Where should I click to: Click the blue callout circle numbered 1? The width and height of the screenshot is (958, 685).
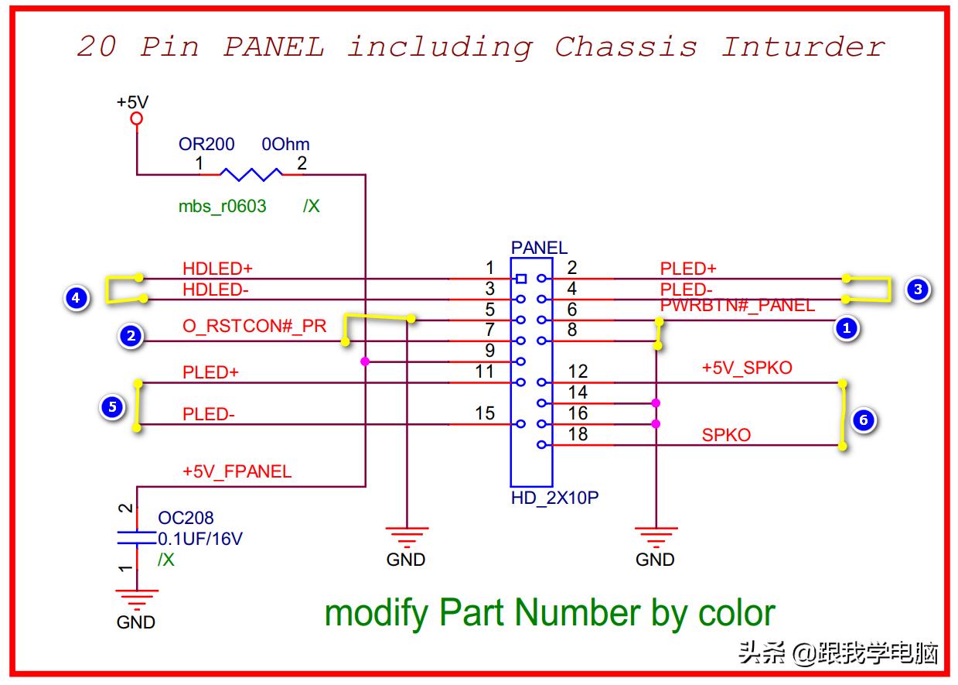(x=846, y=328)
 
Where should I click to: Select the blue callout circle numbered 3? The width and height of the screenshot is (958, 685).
(x=917, y=289)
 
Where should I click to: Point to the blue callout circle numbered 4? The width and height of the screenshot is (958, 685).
(x=75, y=297)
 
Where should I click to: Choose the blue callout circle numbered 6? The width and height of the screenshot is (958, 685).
(x=864, y=420)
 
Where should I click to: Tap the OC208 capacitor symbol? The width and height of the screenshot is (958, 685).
(x=136, y=538)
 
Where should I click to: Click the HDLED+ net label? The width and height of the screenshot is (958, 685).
(x=217, y=269)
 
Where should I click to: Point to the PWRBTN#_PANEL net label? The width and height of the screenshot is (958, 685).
(x=737, y=306)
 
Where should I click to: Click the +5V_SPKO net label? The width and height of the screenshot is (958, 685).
(x=747, y=368)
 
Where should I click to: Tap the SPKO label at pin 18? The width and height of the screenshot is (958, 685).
(x=726, y=435)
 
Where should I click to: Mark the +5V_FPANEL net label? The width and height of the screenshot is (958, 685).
(x=237, y=471)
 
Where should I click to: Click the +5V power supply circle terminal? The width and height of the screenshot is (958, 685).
(x=137, y=119)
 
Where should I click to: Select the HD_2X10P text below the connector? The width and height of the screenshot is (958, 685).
(x=554, y=498)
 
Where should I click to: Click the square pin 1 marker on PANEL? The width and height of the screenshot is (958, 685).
(x=521, y=279)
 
